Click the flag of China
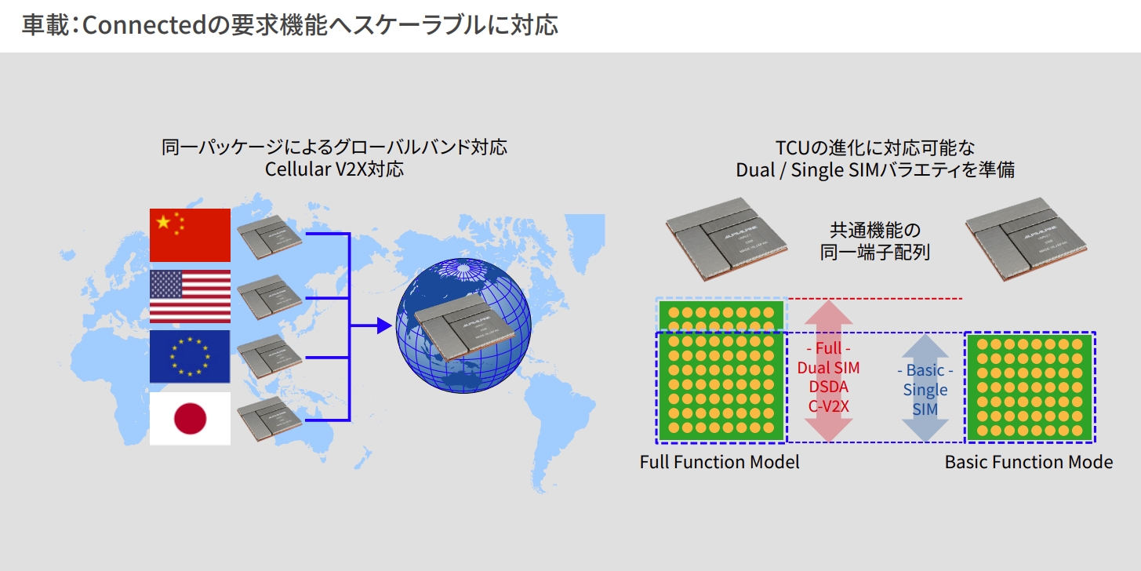[x=190, y=235]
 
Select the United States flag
[x=190, y=296]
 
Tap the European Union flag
[x=190, y=357]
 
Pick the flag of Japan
[x=190, y=419]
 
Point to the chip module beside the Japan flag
[x=268, y=419]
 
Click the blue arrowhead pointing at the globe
[x=383, y=326]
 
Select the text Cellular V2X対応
[x=334, y=169]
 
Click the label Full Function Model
[x=719, y=462]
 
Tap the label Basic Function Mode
[x=1028, y=462]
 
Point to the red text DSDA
[x=828, y=387]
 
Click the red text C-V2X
[x=828, y=406]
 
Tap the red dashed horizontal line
[x=874, y=299]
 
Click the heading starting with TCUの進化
[x=874, y=147]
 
